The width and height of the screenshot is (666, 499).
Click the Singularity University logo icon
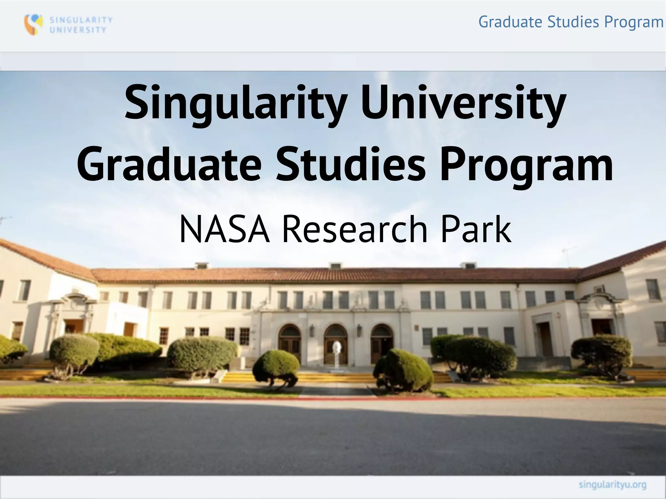[33, 24]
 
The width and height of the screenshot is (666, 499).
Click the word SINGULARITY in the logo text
[81, 20]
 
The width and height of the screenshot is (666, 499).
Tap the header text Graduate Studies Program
[571, 22]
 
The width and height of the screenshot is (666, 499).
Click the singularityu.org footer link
[612, 485]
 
